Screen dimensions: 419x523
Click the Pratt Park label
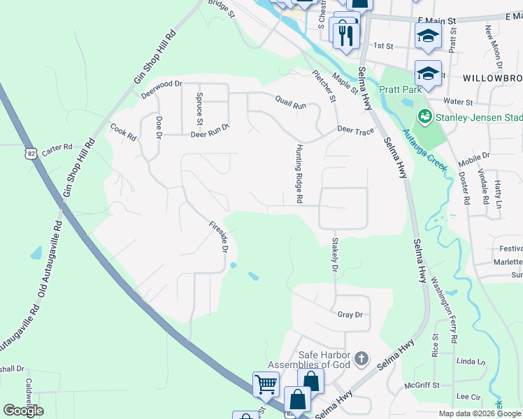click(x=401, y=89)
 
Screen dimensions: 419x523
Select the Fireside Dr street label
click(x=218, y=237)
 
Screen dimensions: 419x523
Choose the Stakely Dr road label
click(x=334, y=255)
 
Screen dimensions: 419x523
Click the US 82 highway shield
click(x=30, y=151)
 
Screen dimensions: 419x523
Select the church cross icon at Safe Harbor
click(x=361, y=359)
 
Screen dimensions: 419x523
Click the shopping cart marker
click(x=266, y=383)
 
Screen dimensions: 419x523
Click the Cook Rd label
click(x=122, y=132)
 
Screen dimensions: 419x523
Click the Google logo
click(x=23, y=411)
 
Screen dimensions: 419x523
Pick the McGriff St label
click(x=422, y=385)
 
